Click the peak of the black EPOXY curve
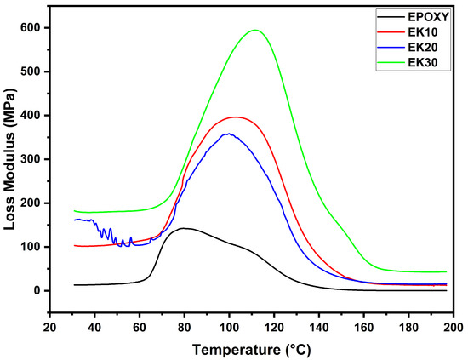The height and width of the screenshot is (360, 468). point(183,228)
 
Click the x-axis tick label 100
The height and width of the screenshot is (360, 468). point(229,326)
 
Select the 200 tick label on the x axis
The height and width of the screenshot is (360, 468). point(454,326)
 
